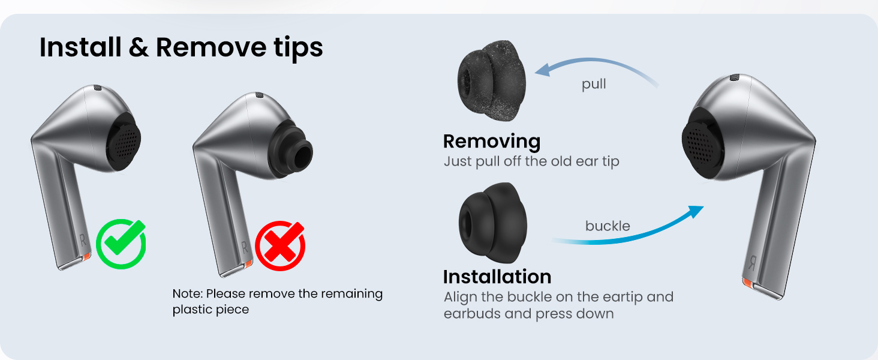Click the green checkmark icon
point(121,244)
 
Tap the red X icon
point(280,245)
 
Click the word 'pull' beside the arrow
point(594,84)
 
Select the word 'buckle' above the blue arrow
point(608,226)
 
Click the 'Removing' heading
point(491,142)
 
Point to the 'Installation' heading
point(497,277)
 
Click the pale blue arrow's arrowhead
point(543,70)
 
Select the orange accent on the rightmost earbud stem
point(748,282)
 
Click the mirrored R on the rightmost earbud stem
point(751,262)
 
